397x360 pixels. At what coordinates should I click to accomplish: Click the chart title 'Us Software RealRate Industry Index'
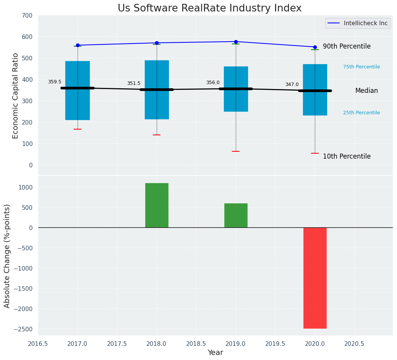(209, 8)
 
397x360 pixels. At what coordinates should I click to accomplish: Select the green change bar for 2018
(157, 205)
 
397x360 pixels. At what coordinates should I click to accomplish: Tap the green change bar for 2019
(236, 215)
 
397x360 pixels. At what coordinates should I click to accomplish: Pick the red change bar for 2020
(315, 278)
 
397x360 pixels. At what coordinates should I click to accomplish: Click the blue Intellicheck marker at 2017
(78, 45)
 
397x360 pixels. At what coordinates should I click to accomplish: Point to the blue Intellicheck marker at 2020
(315, 47)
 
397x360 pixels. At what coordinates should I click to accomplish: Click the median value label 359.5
(55, 82)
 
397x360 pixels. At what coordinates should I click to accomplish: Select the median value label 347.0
(292, 84)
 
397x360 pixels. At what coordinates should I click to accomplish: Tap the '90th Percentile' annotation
(347, 46)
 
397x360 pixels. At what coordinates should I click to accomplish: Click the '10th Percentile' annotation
(347, 156)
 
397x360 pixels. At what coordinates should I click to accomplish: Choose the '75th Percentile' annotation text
(361, 67)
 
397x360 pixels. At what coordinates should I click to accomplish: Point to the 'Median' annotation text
(366, 91)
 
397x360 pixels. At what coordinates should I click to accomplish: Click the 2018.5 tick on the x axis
(196, 344)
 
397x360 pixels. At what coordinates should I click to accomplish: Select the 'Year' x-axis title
(216, 353)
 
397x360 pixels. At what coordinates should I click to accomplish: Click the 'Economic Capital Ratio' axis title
(16, 96)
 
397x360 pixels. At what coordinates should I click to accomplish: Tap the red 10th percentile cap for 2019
(236, 151)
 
